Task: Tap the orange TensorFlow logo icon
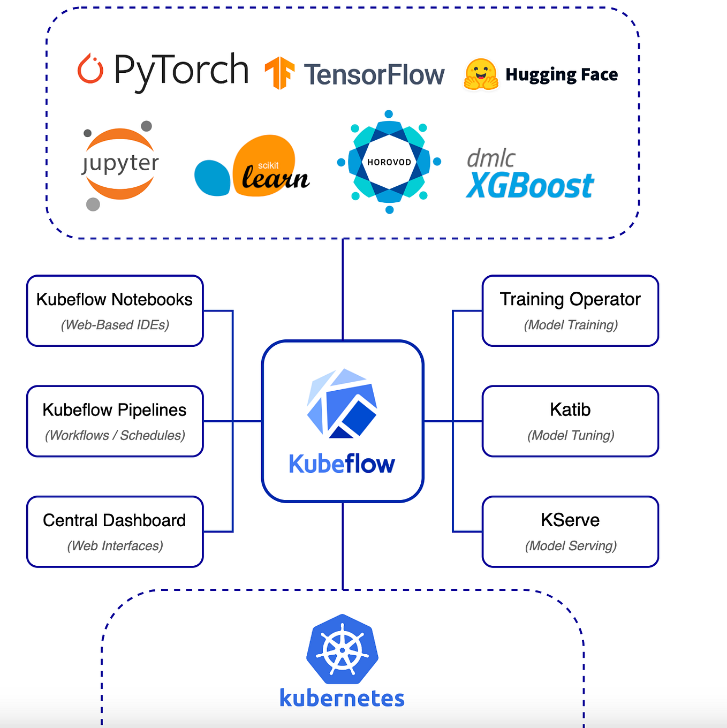pos(279,73)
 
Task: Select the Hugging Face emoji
pos(480,74)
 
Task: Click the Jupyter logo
pos(120,164)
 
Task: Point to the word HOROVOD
pos(389,162)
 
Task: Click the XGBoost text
pos(529,186)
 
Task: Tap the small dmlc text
pos(490,158)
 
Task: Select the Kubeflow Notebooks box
pos(115,310)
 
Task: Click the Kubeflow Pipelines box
pos(115,421)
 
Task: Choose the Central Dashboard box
pos(115,532)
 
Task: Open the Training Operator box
pos(570,310)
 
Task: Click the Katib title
pos(570,409)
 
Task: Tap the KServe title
pos(570,520)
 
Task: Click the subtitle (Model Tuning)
pos(571,435)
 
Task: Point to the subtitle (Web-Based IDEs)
pos(115,325)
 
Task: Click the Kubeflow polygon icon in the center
pos(342,403)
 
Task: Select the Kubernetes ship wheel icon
pos(343,649)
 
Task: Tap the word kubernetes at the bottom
pos(342,698)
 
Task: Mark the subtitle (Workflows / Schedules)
pos(115,435)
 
